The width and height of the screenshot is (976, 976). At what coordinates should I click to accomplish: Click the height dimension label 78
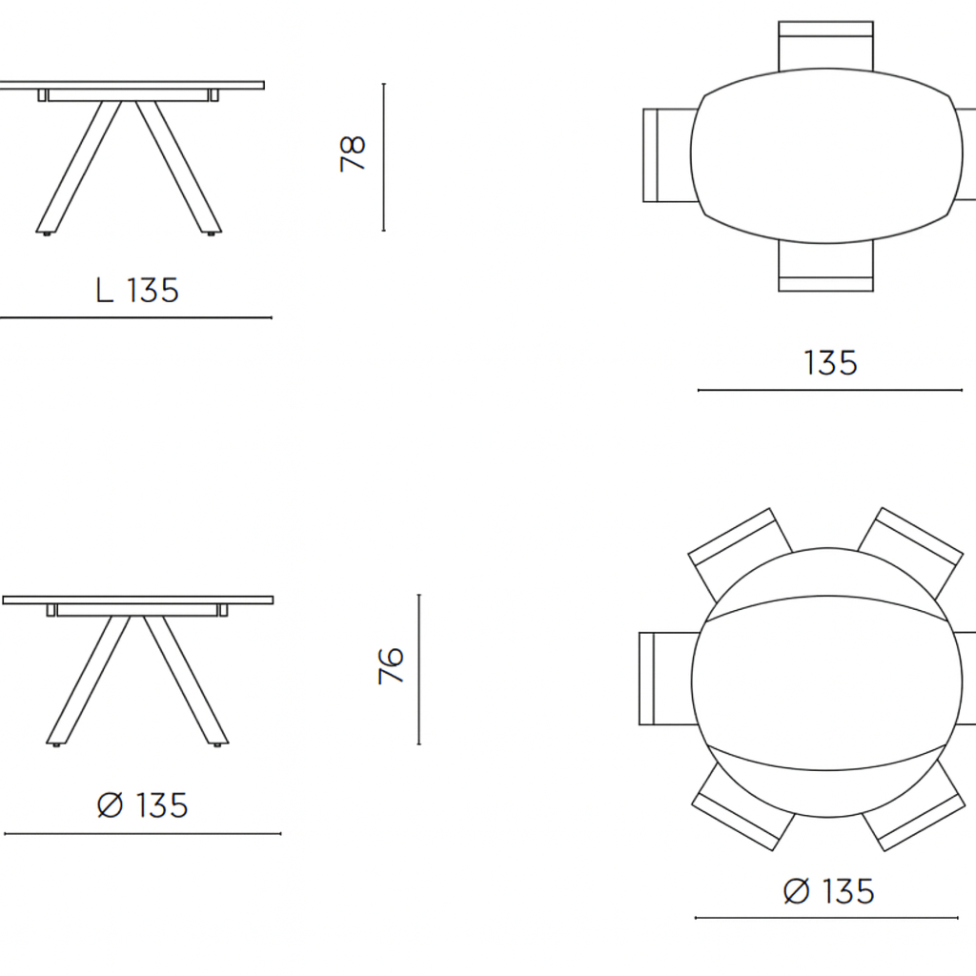pyautogui.click(x=353, y=153)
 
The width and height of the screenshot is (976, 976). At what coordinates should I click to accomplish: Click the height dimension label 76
pyautogui.click(x=391, y=666)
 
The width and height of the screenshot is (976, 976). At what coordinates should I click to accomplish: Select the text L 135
pyautogui.click(x=137, y=290)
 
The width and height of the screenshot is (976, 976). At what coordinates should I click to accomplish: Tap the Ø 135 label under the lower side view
pyautogui.click(x=143, y=804)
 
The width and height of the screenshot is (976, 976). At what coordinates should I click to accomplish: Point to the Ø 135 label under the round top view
pyautogui.click(x=828, y=891)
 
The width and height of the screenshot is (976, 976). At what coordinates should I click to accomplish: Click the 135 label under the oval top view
pyautogui.click(x=830, y=363)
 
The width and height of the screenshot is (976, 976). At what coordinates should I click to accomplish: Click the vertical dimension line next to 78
pyautogui.click(x=383, y=157)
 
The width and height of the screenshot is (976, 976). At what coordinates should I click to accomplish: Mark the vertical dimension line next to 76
pyautogui.click(x=419, y=669)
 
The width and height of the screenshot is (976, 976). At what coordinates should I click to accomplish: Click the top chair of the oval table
pyautogui.click(x=826, y=46)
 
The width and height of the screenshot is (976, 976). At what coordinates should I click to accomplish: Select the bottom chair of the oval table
pyautogui.click(x=826, y=268)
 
